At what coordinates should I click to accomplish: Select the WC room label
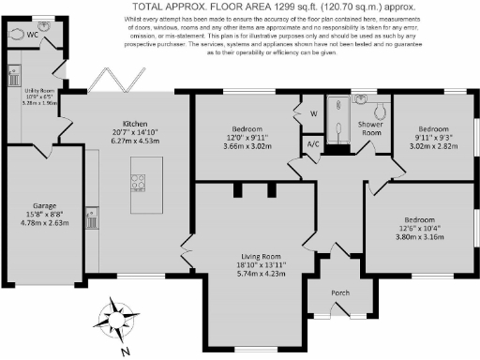click(33, 35)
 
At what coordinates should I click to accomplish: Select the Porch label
click(340, 292)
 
